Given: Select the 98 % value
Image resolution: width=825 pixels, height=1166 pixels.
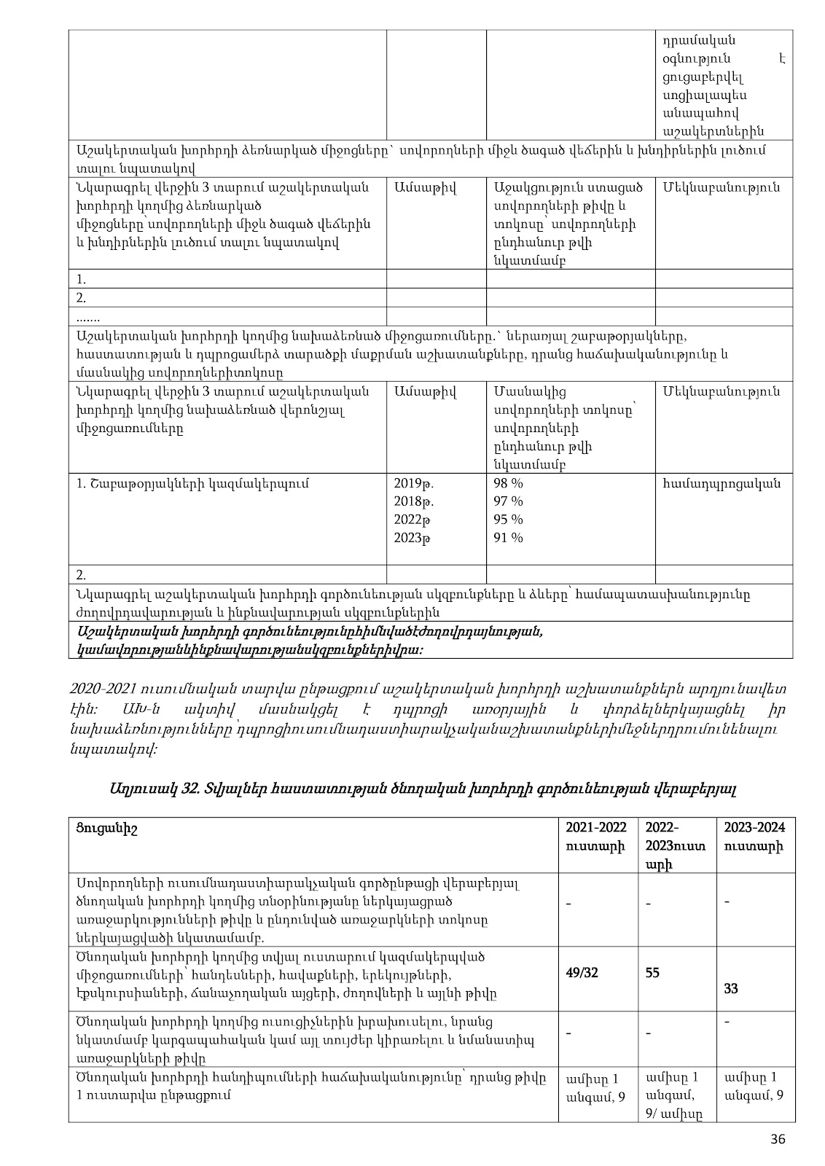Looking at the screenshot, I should click(x=509, y=484).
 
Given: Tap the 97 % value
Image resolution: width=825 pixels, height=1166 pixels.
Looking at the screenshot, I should click(x=509, y=502).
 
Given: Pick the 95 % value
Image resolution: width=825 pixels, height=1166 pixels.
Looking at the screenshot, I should click(x=509, y=520).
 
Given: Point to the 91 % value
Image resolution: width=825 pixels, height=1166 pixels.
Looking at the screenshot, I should click(x=509, y=539).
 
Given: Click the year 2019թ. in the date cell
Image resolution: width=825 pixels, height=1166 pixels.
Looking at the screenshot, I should click(x=414, y=484).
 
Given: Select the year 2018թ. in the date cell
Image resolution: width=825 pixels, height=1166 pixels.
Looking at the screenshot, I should click(x=414, y=502).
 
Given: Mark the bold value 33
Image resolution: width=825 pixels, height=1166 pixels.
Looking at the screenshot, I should click(x=731, y=989).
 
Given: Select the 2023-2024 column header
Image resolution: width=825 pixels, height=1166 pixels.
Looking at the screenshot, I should click(x=754, y=837).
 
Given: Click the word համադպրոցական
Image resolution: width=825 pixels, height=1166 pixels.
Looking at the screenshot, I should click(x=721, y=484).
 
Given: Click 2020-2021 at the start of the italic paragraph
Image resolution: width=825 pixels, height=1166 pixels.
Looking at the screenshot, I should click(x=98, y=689).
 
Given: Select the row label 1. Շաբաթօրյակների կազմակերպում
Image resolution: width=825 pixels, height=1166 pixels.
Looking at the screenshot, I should click(x=192, y=484).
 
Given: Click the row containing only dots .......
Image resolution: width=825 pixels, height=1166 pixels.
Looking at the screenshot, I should click(x=87, y=317).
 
